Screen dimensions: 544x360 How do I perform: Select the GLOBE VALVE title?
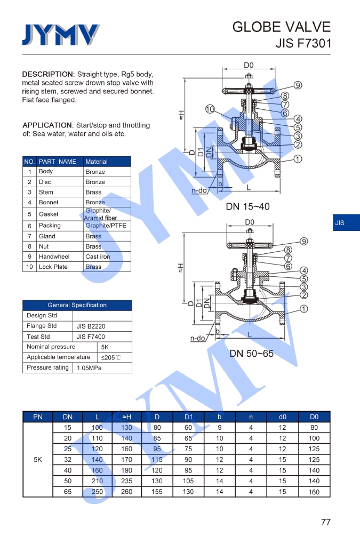pos(281,27)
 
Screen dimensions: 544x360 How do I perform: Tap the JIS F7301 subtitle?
pos(303,43)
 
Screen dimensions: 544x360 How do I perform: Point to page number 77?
pos(325,522)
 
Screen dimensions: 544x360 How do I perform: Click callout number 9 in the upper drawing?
pos(298,85)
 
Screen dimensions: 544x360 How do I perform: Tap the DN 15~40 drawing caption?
pos(248,206)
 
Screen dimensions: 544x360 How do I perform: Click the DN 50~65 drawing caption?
pos(251,353)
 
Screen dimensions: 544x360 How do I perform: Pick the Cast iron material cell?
pos(98,257)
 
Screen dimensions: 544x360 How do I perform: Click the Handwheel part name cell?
pos(54,257)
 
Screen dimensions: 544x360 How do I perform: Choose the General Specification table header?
pos(77,305)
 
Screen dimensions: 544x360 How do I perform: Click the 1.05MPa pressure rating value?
pos(89,368)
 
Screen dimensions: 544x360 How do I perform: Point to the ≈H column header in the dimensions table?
pos(126,417)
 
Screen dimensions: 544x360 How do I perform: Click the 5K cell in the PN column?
pos(38,459)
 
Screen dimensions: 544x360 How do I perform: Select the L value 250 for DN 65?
pos(97,492)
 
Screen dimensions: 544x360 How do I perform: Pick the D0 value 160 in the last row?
pos(314,492)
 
